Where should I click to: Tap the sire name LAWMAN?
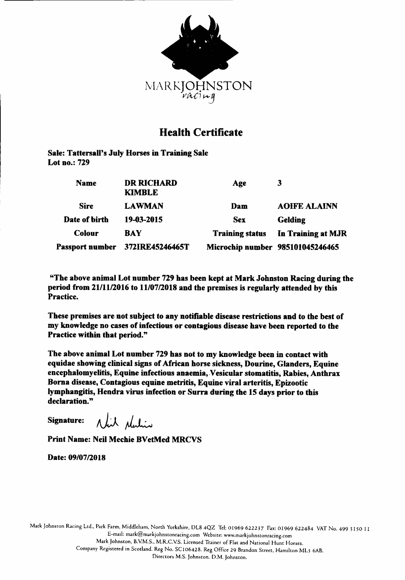[x=144, y=206]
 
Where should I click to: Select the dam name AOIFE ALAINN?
[x=307, y=206]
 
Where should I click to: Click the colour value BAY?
[x=133, y=233]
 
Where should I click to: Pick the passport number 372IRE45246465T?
[x=157, y=247]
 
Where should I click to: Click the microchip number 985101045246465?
[x=308, y=247]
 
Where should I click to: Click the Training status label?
[x=239, y=233]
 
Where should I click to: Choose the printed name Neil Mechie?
[x=113, y=440]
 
